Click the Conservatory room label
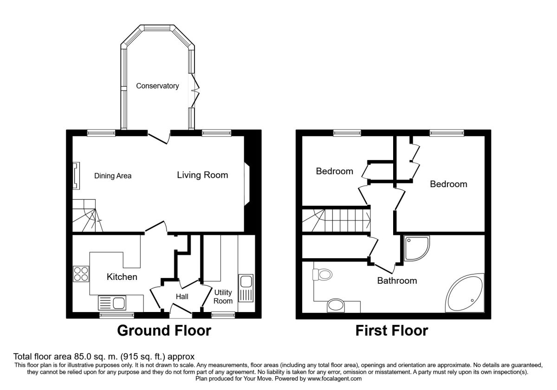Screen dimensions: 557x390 [x=157, y=86]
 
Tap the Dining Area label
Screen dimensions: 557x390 [x=113, y=176]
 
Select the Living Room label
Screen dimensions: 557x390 [x=202, y=175]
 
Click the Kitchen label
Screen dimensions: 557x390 [x=122, y=277]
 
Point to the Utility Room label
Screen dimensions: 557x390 [x=223, y=297]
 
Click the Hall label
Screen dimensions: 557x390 [x=182, y=297]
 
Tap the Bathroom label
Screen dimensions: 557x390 [x=397, y=280]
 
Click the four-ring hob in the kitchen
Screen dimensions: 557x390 [x=81, y=273]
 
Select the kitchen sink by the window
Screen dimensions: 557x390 [x=112, y=303]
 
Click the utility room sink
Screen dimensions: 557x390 [x=246, y=288]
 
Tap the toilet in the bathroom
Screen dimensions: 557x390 [x=322, y=275]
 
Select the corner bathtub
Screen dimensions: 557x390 [x=465, y=293]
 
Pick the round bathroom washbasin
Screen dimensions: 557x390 [x=336, y=305]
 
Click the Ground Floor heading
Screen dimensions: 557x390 [x=164, y=331]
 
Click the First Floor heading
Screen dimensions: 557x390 [x=392, y=331]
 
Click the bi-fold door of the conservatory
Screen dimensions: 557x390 [x=195, y=90]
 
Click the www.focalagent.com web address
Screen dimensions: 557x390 [x=334, y=378]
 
